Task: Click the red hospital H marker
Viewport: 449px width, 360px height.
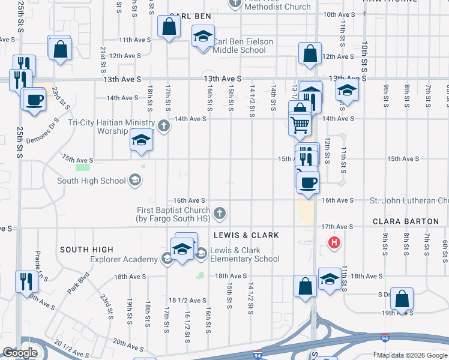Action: pos(333,243)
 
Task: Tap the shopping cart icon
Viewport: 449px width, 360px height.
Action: pos(300,125)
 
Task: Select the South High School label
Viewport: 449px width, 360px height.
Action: pos(91,181)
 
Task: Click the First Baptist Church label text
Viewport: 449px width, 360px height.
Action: pos(173,214)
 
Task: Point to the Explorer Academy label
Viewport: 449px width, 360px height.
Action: pos(123,259)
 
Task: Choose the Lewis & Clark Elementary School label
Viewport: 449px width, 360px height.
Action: pos(245,255)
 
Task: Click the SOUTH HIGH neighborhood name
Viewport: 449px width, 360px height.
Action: pos(86,250)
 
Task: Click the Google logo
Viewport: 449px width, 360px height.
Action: pos(20,353)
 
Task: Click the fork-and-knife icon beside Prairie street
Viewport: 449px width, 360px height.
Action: pos(26,280)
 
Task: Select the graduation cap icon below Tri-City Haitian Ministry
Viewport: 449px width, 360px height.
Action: pos(141,140)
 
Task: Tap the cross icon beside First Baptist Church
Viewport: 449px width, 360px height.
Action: pos(220,212)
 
